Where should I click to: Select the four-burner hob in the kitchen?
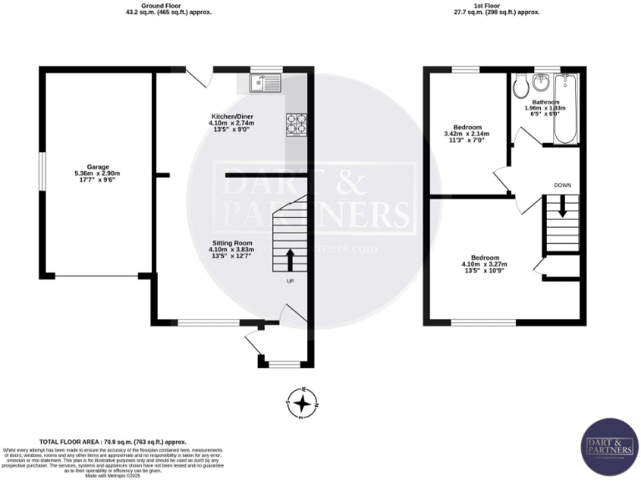click(x=296, y=124)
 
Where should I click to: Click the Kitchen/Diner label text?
click(x=230, y=116)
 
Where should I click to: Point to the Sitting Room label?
click(x=230, y=242)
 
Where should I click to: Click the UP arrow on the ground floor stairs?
click(x=290, y=260)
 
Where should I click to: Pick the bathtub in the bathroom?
click(x=568, y=109)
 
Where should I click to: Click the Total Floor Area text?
click(x=114, y=442)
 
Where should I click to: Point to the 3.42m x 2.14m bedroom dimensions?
click(x=465, y=134)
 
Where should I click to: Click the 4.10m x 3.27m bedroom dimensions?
click(x=485, y=266)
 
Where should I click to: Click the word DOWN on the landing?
click(x=562, y=185)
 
